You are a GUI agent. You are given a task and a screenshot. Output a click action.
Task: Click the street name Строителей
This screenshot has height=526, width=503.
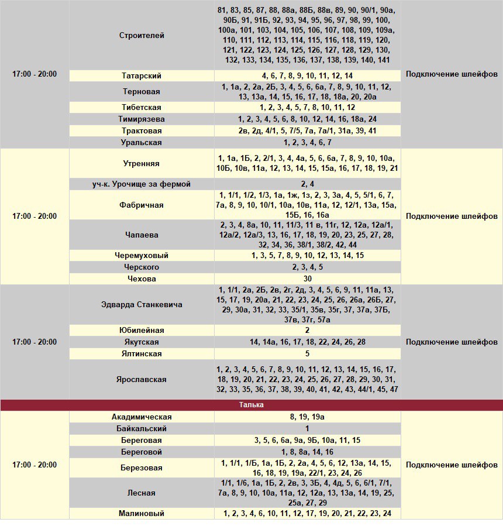click(x=142, y=35)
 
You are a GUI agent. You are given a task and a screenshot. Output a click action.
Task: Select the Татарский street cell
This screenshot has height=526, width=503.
click(x=142, y=75)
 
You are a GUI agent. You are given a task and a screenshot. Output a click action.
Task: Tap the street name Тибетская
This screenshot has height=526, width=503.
click(x=142, y=108)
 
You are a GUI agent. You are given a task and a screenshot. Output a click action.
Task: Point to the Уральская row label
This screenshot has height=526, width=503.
click(x=142, y=143)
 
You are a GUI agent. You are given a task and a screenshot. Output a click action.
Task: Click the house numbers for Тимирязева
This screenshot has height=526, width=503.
click(x=307, y=119)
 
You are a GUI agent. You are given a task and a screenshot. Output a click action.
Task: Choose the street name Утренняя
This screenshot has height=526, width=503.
click(x=142, y=163)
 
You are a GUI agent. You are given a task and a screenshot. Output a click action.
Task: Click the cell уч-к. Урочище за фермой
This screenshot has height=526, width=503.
click(x=142, y=184)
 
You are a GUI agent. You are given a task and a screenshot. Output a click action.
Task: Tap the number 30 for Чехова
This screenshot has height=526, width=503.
click(x=307, y=279)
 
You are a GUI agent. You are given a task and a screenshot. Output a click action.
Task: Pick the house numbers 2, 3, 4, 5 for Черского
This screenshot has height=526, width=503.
click(x=307, y=267)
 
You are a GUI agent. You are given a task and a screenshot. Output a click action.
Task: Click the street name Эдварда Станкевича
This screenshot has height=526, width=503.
click(x=142, y=305)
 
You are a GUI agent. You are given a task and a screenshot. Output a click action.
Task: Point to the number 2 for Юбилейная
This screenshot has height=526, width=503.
click(x=307, y=331)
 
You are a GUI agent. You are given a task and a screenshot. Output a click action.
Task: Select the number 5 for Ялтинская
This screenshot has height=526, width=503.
click(x=307, y=354)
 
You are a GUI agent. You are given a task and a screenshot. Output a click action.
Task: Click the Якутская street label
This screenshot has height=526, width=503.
click(x=142, y=342)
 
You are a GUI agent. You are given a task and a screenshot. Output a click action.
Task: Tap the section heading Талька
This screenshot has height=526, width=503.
click(x=251, y=405)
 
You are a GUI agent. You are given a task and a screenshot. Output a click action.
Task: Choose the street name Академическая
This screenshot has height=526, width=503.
click(x=142, y=417)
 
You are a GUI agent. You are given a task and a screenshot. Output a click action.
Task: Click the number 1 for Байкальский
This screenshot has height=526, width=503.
click(x=307, y=429)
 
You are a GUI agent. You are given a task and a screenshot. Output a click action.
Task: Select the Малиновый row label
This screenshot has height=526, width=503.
click(x=142, y=514)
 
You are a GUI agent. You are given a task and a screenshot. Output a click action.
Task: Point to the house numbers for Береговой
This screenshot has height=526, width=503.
click(x=307, y=452)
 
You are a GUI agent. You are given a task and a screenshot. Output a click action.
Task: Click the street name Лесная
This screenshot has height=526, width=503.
click(x=142, y=493)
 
